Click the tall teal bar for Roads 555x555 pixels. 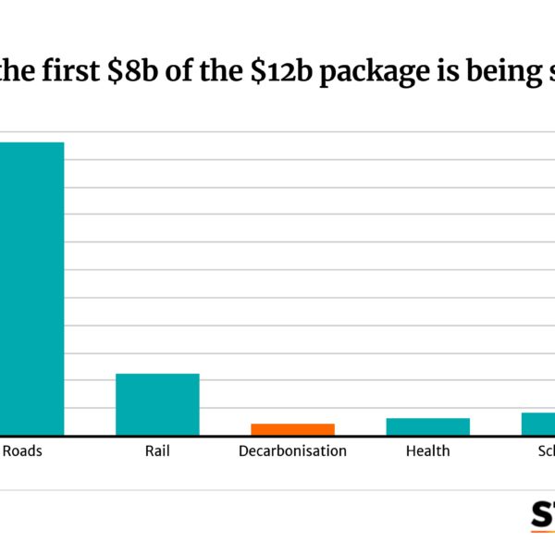tap(31, 288)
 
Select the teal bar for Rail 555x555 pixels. tap(157, 403)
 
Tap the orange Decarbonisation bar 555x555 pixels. tap(292, 429)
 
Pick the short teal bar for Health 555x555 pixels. tap(427, 426)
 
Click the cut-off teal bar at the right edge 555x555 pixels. tap(538, 424)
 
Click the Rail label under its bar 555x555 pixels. tap(157, 451)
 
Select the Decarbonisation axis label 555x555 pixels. tap(292, 451)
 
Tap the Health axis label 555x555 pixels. tap(427, 451)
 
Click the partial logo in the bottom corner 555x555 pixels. tap(543, 515)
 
